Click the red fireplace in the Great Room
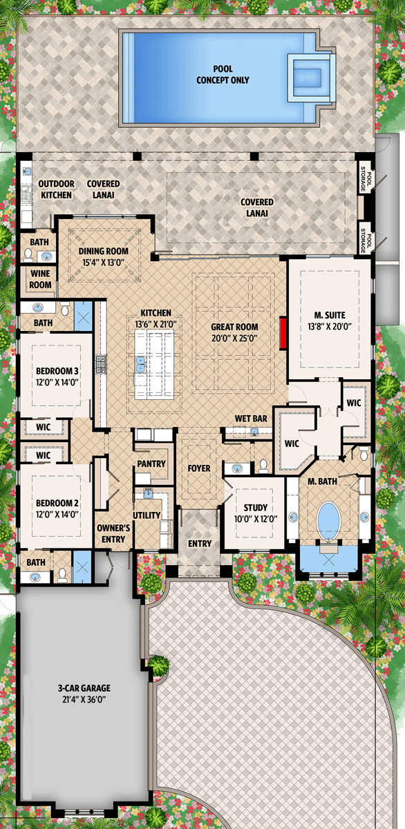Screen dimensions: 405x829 pos(283,333)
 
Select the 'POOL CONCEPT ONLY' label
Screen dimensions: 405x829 pos(223,75)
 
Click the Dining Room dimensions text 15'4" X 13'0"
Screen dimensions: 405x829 pos(103,263)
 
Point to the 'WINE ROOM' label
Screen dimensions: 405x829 pos(40,279)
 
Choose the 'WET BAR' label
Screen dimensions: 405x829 pos(251,419)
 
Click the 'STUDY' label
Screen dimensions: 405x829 pos(256,508)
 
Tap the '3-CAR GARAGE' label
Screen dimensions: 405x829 pos(84,688)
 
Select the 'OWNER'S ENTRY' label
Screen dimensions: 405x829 pos(113,533)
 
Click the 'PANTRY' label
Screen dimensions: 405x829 pos(151,464)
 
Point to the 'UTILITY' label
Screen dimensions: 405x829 pos(147,515)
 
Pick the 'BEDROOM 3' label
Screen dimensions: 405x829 pos(57,371)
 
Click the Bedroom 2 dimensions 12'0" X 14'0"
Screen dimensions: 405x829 pos(57,514)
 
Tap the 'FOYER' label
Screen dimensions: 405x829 pos(199,468)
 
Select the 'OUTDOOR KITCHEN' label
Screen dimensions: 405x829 pos(56,189)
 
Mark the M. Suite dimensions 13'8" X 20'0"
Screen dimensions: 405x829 pos(330,326)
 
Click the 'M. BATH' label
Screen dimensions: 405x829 pos(322,481)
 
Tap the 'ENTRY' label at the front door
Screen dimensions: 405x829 pos(200,544)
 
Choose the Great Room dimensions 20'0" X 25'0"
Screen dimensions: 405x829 pos(234,338)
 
